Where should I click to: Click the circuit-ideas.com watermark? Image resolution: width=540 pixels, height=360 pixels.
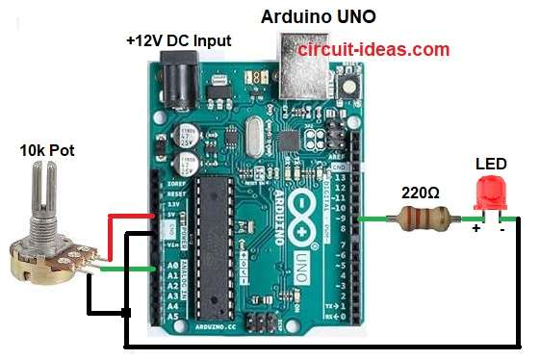coord(373,49)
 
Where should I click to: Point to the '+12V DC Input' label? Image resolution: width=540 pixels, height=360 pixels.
coord(178,42)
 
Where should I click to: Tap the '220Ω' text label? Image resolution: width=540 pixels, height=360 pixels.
coord(420,193)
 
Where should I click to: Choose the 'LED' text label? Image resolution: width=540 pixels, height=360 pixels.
coord(491,163)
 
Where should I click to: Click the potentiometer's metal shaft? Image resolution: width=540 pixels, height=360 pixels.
coord(44,193)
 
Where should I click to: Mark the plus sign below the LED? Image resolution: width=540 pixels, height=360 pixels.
coord(476,229)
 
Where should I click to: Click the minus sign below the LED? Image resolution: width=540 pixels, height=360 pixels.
coord(501,229)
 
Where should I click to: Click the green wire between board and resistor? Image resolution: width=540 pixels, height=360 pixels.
coord(376,219)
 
